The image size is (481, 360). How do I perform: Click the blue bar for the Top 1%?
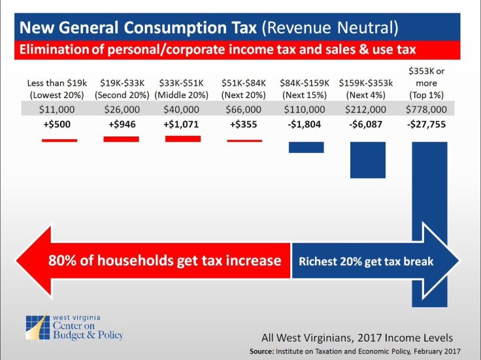pos(429,196)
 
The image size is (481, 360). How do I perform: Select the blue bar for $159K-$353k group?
pos(367,159)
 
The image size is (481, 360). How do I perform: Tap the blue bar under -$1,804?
pos(306,146)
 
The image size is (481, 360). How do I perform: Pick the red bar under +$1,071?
pos(182,139)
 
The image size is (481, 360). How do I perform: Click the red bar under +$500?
pos(59,140)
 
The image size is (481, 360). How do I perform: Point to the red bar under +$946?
pos(121,139)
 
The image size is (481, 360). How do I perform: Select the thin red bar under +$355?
pos(244,140)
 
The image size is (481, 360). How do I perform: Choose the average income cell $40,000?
pos(182,109)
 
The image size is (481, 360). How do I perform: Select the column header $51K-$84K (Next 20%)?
pos(244,88)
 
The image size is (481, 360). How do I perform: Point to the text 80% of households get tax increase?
pos(165,261)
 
